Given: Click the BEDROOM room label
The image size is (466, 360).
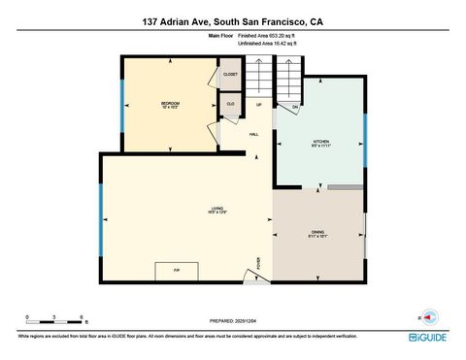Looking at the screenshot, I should (170, 103).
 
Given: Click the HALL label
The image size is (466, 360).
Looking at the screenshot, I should (253, 134).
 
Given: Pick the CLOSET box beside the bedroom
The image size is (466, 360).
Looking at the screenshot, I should (230, 74).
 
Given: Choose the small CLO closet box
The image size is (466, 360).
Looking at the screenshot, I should (230, 104).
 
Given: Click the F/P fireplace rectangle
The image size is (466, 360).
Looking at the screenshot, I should (176, 271).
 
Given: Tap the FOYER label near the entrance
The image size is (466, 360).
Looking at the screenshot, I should (259, 262).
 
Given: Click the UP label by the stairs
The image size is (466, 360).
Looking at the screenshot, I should (259, 105).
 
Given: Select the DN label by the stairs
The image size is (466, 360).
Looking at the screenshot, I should (295, 106).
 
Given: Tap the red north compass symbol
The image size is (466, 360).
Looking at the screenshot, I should (428, 316).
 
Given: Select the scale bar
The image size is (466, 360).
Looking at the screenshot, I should (55, 321).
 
